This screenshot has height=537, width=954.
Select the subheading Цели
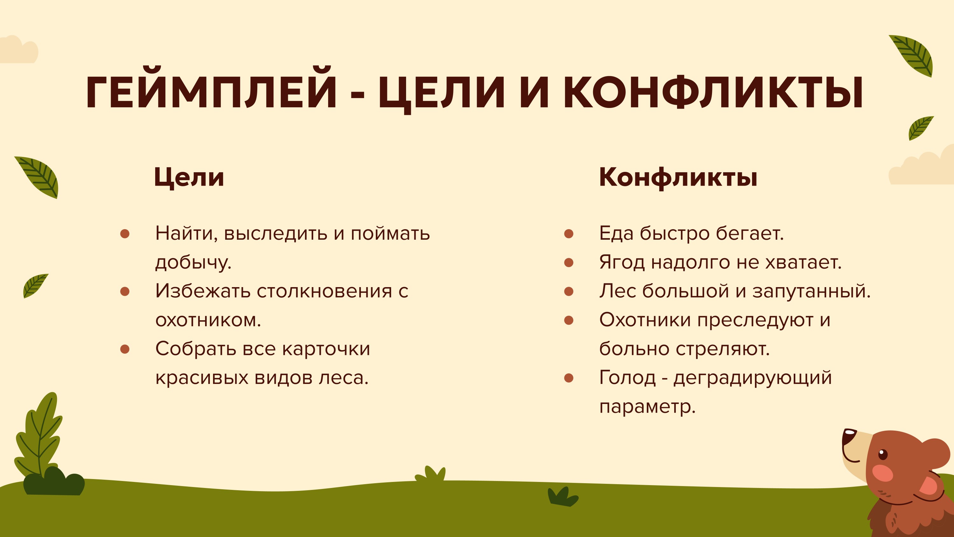point(189,177)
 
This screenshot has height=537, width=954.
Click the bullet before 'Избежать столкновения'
point(125,292)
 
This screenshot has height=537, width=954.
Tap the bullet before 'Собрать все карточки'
point(125,349)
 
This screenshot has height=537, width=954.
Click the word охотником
point(208,320)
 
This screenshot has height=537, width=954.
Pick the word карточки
point(326,349)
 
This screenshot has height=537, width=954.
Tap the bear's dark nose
point(848,437)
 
